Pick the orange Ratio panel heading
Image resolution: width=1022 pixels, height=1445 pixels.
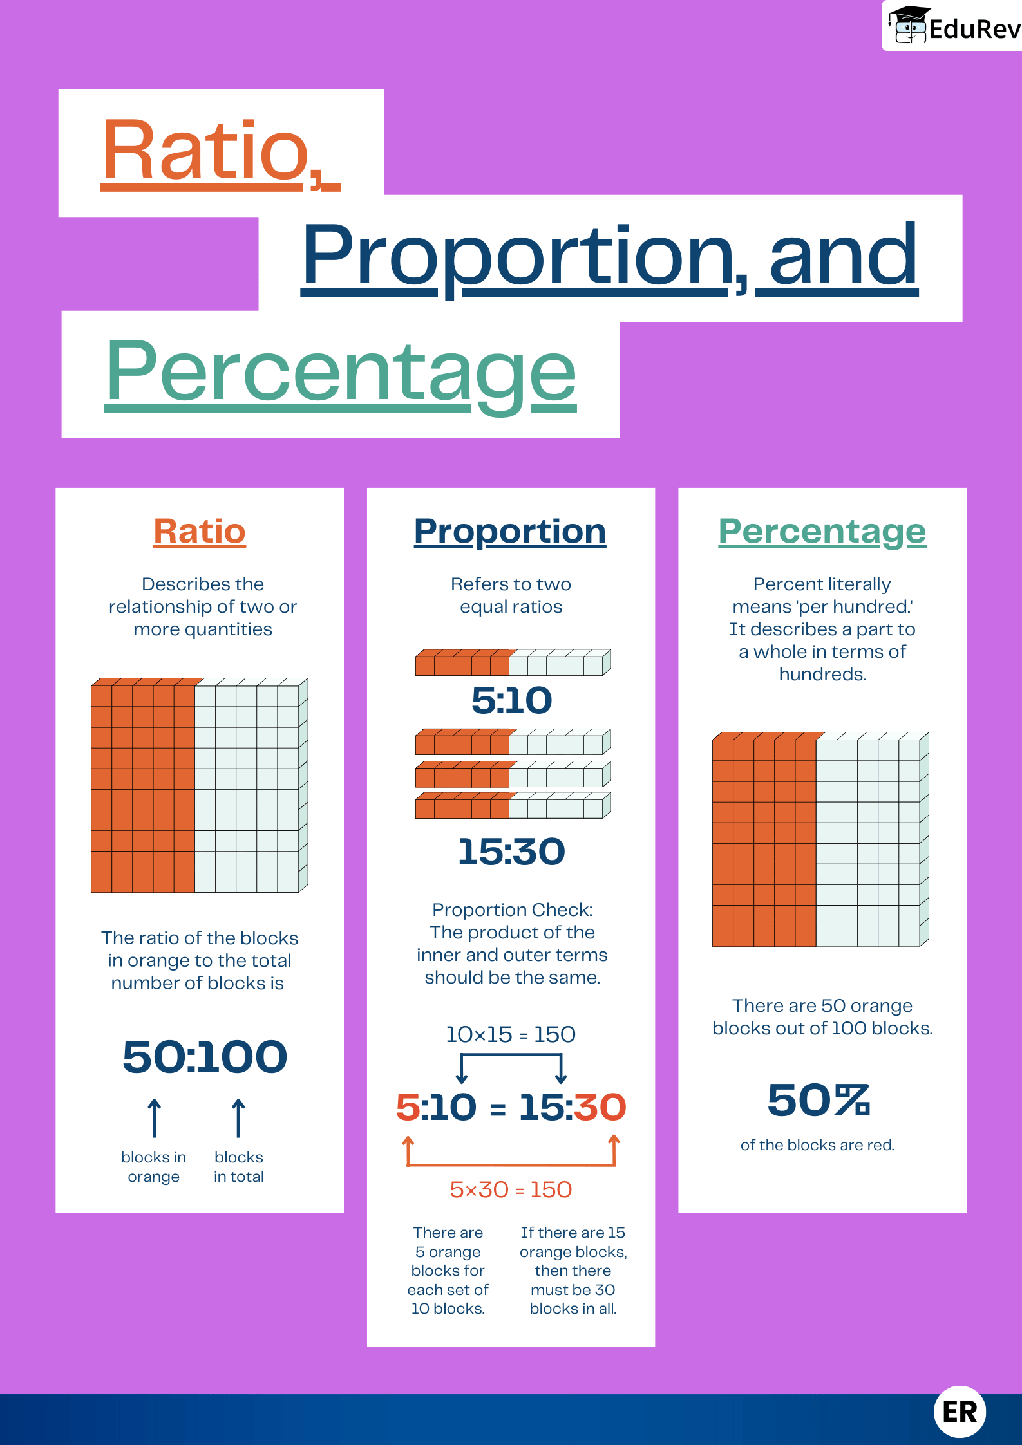(200, 532)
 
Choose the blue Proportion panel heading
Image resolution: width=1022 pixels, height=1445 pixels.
(510, 532)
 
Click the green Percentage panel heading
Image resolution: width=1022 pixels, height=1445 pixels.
(822, 532)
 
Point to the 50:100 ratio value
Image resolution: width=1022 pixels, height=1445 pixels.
(205, 1057)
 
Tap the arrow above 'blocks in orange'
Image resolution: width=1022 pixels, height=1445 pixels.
(154, 1118)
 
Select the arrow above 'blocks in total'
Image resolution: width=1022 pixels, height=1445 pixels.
(238, 1118)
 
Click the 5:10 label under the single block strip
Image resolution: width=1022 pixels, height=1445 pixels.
(511, 700)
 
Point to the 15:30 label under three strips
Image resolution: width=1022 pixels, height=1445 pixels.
(511, 852)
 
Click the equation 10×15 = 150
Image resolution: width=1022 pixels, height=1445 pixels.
(511, 1034)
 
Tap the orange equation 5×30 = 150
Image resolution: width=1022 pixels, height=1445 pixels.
(511, 1189)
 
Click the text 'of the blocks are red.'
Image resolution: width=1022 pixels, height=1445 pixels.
(817, 1145)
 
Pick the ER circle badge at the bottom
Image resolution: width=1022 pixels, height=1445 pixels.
(960, 1412)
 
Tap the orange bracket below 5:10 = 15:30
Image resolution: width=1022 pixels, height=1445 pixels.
(511, 1164)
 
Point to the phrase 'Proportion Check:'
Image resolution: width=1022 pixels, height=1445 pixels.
(512, 909)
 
